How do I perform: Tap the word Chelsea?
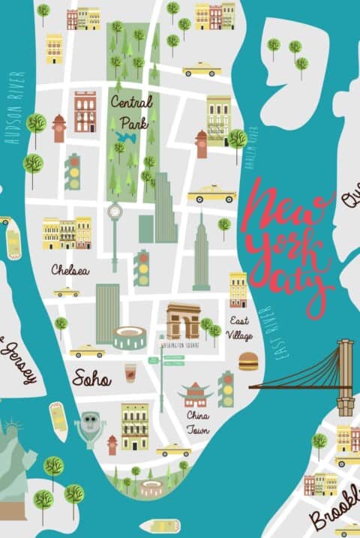click(x=70, y=269)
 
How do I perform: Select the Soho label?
click(x=91, y=379)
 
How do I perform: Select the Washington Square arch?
click(x=183, y=322)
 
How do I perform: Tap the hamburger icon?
click(x=248, y=362)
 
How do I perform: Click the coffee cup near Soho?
click(x=130, y=372)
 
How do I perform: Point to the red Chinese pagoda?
click(x=194, y=394)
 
